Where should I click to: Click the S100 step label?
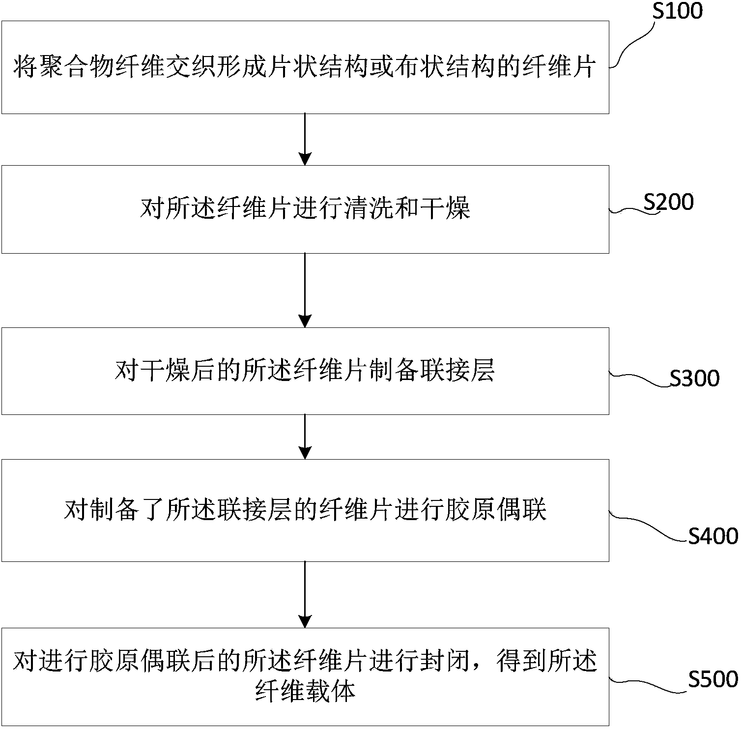677,11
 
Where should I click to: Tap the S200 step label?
668,202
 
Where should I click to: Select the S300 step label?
694,379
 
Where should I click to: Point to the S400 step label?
713,536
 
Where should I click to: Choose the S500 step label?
713,679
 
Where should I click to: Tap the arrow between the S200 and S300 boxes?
305,290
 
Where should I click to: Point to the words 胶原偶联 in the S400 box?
496,510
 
